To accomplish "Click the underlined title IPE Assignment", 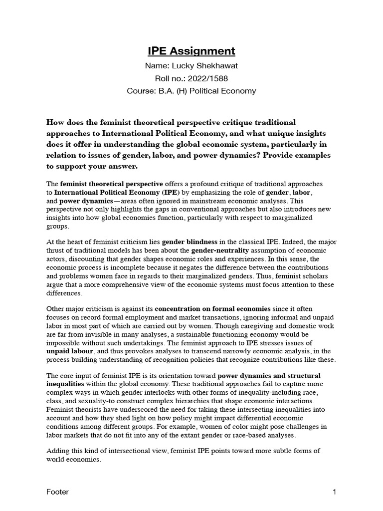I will coord(191,51).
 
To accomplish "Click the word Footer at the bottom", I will coord(57,492).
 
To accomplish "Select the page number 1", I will coord(335,492).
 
